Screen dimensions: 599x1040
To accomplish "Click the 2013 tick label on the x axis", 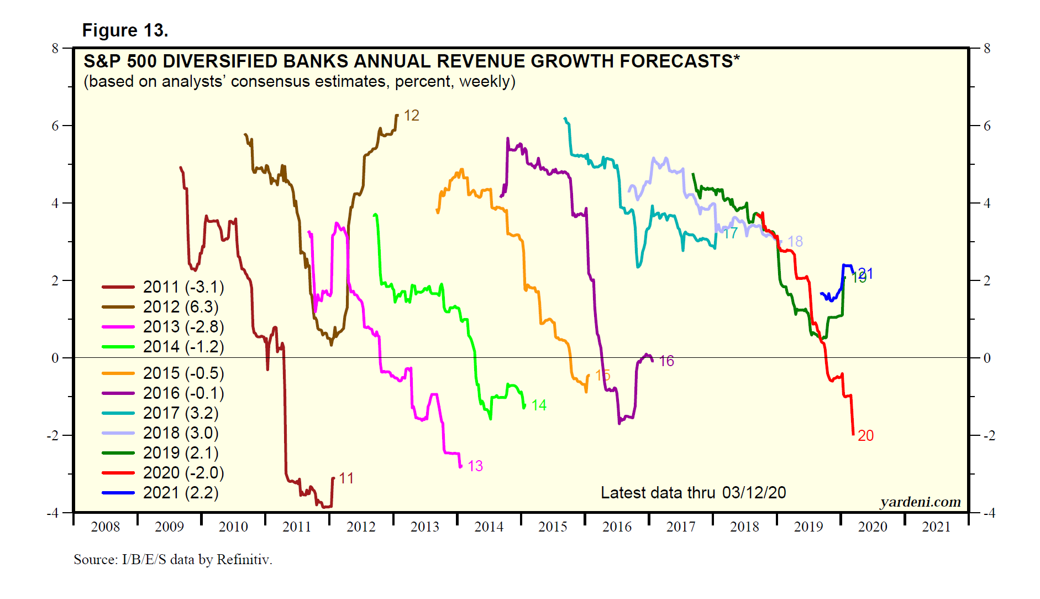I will tap(424, 527).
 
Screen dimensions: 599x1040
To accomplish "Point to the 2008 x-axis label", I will tap(105, 527).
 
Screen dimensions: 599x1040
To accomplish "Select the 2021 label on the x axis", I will tap(936, 527).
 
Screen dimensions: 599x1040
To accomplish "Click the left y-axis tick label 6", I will tap(55, 126).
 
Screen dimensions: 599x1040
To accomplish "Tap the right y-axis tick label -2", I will tap(989, 435).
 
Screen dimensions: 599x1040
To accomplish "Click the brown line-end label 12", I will tap(412, 116).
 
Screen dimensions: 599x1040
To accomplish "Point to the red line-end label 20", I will tap(865, 436).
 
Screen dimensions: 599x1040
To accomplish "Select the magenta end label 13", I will tap(475, 466).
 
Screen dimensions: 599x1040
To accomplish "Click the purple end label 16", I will tap(666, 361).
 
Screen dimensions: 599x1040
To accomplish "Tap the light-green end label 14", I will tap(539, 405).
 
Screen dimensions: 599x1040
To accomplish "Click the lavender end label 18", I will tap(795, 242).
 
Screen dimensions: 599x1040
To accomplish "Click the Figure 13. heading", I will tap(125, 30).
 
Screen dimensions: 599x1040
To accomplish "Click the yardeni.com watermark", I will tap(920, 502).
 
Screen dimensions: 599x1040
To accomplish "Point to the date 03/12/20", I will tap(754, 493).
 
